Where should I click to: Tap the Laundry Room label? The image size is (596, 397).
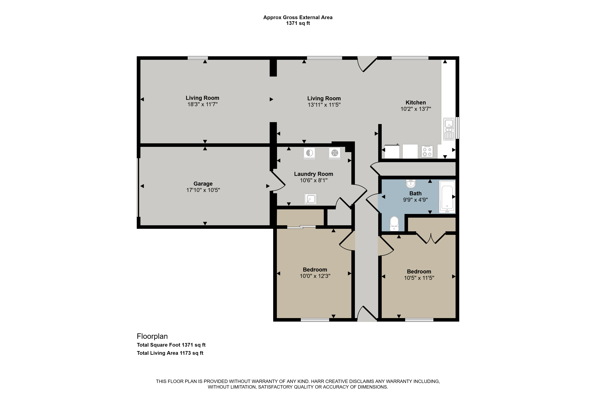[x=313, y=174]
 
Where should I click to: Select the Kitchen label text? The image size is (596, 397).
[x=416, y=103]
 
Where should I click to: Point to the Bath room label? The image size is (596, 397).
[x=415, y=193]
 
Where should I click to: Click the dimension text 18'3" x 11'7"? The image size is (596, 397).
[x=202, y=104]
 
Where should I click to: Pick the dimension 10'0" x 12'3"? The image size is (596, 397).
[x=315, y=276]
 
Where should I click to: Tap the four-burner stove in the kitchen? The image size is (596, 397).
[x=427, y=151]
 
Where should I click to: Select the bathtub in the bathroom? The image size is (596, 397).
[x=447, y=196]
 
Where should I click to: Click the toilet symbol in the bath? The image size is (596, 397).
[x=394, y=224]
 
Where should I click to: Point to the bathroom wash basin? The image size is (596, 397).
[x=411, y=184]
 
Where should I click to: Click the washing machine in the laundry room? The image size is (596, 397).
[x=309, y=153]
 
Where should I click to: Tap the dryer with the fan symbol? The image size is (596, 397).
[x=335, y=153]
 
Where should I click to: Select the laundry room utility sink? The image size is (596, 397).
[x=310, y=199]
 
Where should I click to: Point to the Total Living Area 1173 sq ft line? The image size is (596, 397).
[x=170, y=353]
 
